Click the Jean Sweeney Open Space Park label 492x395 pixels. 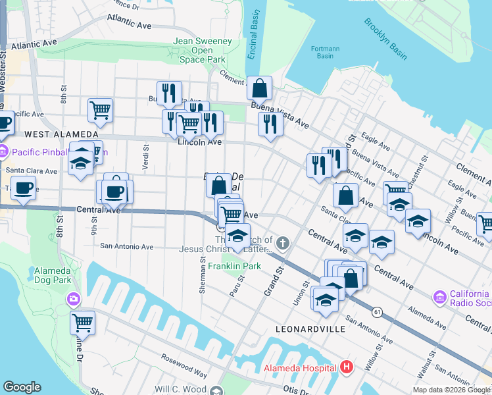tap(203, 50)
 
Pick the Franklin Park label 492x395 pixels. tap(235, 266)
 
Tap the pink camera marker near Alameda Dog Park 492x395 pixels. tap(73, 300)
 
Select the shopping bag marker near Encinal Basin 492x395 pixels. tap(260, 87)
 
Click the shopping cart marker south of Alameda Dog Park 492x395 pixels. tap(83, 323)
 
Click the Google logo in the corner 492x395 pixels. tap(22, 387)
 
